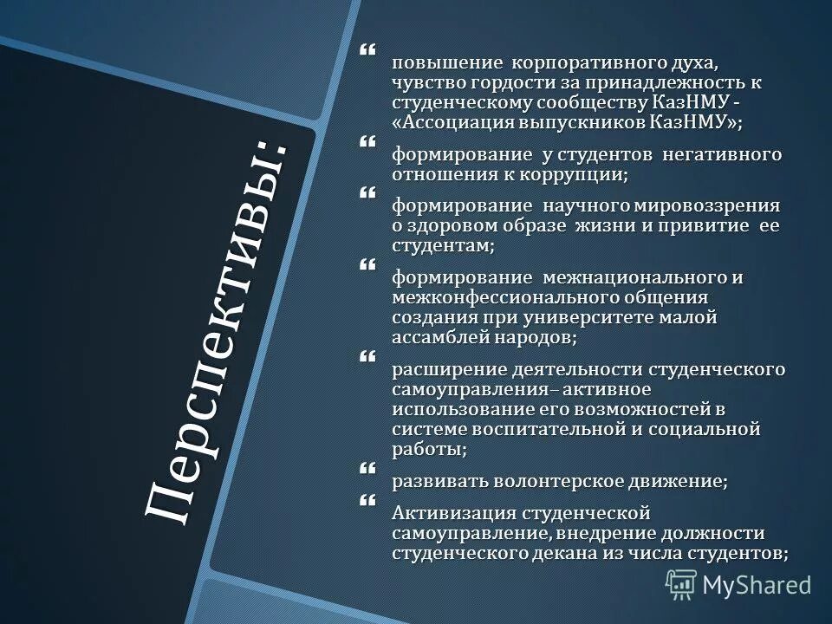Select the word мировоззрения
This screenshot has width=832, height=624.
715,205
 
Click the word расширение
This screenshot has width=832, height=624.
439,369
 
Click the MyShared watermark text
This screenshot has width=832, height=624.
757,585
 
